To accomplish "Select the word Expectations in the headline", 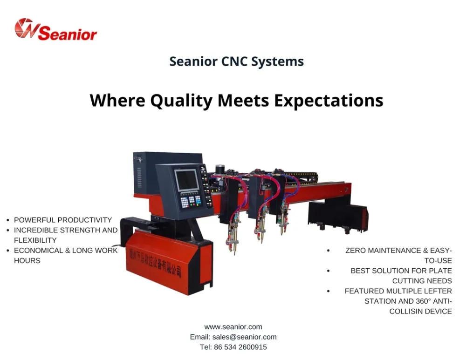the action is point(329,101).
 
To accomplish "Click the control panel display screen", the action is point(186,180).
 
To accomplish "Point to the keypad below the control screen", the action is point(191,201).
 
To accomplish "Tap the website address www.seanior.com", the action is point(233,327).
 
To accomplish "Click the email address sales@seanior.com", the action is point(244,337).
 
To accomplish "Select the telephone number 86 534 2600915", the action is point(240,347).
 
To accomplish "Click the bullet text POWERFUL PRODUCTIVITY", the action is point(63,220).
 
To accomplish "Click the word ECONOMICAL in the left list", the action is point(38,251).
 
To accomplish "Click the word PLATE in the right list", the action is point(440,271).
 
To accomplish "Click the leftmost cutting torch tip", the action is point(234,253).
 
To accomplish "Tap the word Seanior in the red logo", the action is point(68,33).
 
